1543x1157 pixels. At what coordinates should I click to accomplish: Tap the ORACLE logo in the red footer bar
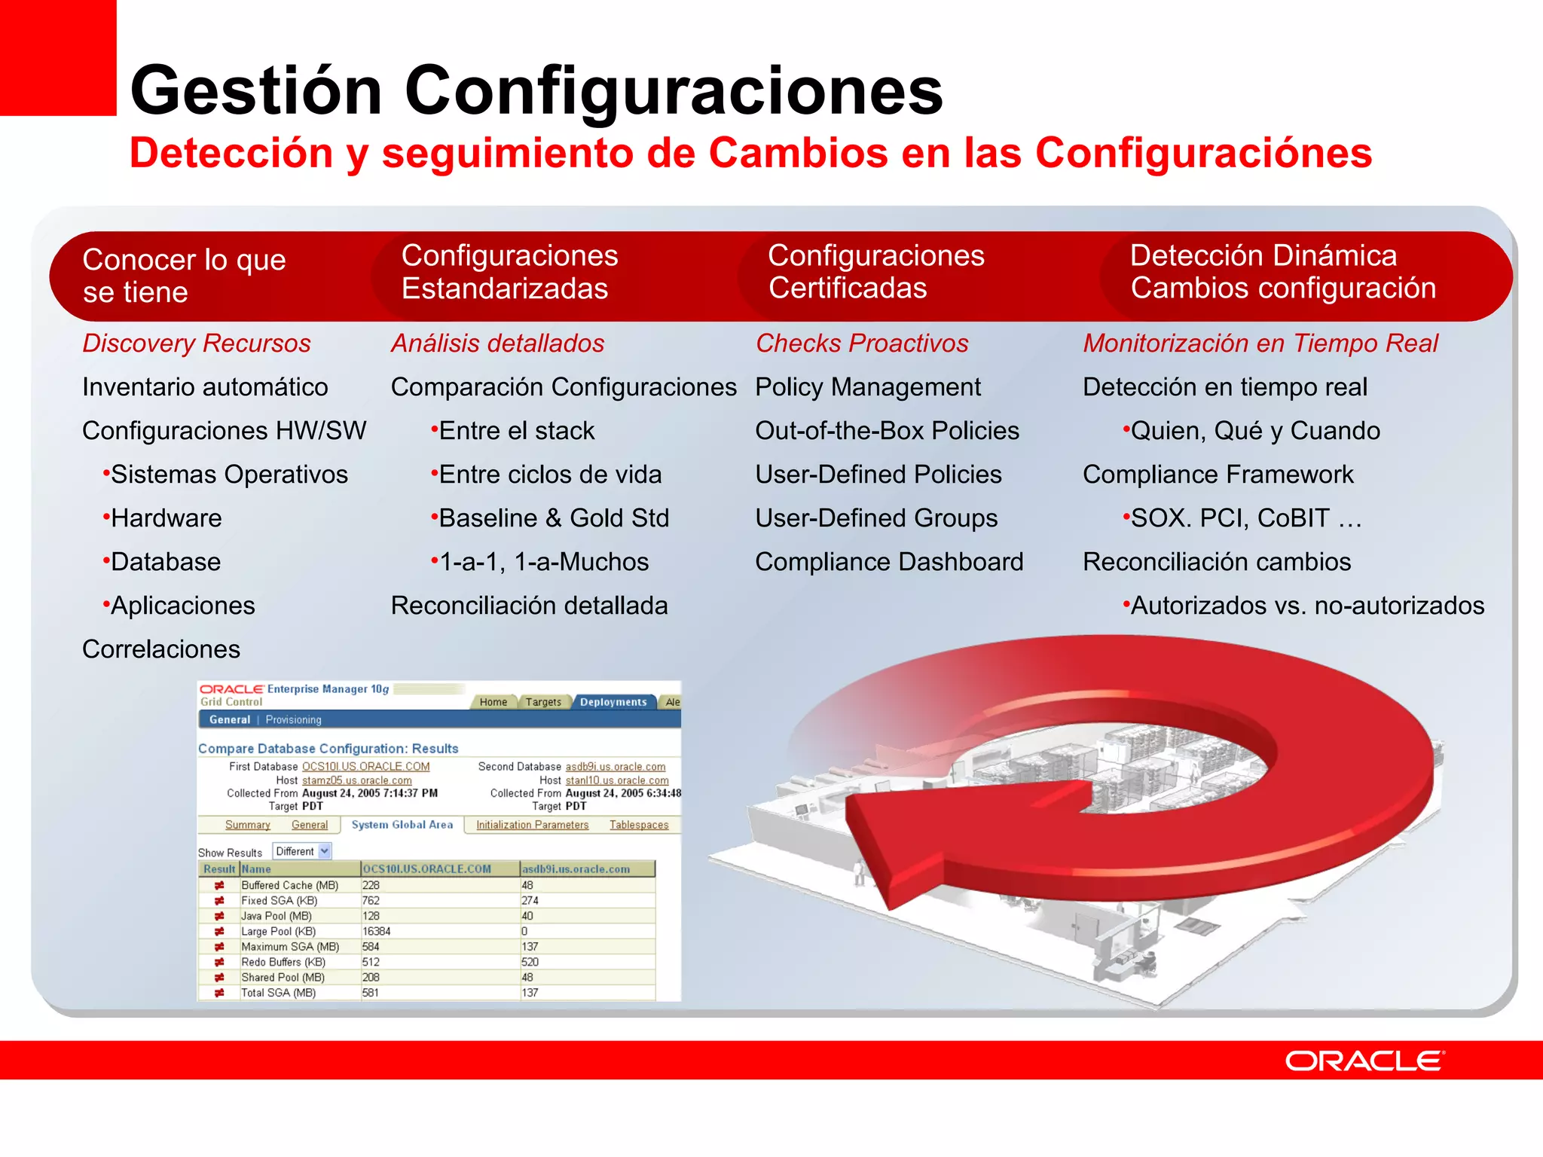[1364, 1061]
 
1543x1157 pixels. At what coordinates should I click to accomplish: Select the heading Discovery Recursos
[196, 343]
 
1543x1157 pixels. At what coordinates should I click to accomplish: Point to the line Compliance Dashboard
[889, 562]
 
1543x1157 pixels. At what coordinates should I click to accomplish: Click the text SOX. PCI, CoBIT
[1230, 518]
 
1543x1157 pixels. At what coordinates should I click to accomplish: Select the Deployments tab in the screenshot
[613, 702]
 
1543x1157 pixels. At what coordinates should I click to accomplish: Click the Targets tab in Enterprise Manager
[543, 702]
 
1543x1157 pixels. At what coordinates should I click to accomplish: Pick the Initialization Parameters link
[532, 825]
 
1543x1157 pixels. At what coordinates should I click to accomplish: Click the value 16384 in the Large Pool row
[377, 932]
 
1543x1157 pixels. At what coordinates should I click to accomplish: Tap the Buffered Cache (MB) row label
[289, 886]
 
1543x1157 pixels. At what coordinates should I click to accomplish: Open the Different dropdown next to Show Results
[302, 851]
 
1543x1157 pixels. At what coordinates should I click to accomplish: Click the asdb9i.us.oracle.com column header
[576, 869]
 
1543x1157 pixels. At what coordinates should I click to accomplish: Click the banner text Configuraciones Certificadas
[875, 273]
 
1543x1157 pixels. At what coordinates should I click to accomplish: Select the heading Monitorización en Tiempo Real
[1260, 343]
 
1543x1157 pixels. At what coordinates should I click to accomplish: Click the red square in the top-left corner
[57, 57]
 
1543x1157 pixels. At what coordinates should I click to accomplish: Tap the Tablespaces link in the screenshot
[639, 825]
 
